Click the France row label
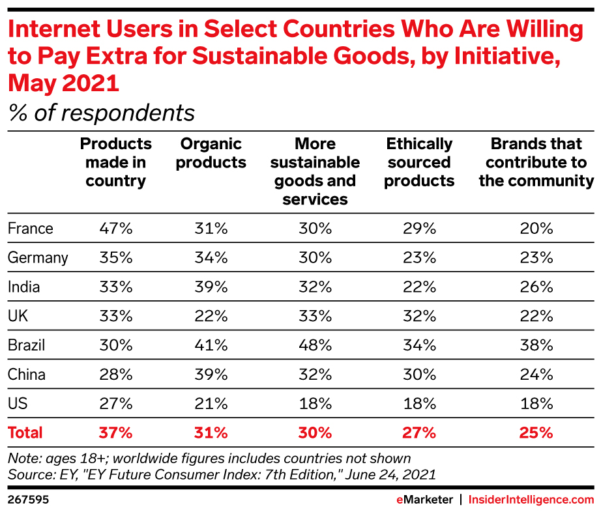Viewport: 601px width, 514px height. (31, 229)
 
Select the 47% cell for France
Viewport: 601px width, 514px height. (117, 229)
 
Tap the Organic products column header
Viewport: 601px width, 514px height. (211, 153)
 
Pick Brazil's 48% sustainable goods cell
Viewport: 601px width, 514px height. (315, 345)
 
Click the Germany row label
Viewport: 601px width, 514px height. (38, 257)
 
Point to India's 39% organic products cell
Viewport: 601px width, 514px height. (211, 287)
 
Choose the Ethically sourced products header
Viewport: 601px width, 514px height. (419, 162)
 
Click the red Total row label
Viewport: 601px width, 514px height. (25, 432)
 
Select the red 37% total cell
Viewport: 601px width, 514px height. (117, 432)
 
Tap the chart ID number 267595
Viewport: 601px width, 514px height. (28, 500)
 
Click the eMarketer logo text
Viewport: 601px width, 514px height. (424, 500)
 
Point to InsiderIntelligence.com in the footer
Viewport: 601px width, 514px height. (531, 500)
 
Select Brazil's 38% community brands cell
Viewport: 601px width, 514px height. (536, 345)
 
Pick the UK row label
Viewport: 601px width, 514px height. (18, 316)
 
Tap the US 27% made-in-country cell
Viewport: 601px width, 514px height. (117, 403)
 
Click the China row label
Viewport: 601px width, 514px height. (27, 374)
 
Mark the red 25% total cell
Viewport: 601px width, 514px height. (536, 432)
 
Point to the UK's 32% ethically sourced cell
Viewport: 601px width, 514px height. (419, 316)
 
